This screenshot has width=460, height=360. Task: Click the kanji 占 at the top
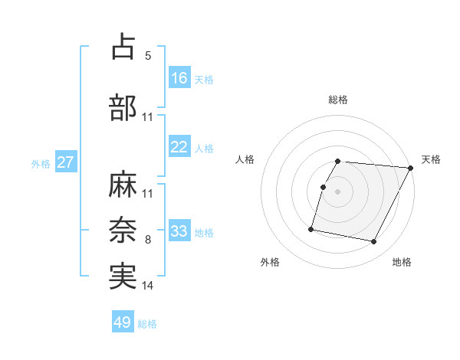123,47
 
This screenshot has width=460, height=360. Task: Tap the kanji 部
123,107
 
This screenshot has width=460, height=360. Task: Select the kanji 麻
123,184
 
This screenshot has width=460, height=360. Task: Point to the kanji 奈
123,229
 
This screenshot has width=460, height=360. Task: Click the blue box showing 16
179,78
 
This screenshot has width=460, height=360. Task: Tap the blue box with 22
179,148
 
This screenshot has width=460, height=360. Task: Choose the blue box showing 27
66,163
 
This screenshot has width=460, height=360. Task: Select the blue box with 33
179,231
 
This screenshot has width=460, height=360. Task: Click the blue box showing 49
123,322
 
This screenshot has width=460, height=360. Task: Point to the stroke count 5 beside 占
148,56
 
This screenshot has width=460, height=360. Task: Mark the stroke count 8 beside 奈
148,240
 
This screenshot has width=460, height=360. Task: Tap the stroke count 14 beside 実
148,286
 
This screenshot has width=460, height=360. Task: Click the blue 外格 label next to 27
41,164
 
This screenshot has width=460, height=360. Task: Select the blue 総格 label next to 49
147,324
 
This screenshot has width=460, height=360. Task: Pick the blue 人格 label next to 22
204,149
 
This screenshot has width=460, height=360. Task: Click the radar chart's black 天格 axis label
432,159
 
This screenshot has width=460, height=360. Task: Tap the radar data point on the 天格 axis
412,168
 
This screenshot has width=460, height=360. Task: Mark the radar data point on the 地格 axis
374,242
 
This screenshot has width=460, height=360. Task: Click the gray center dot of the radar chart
337,191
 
